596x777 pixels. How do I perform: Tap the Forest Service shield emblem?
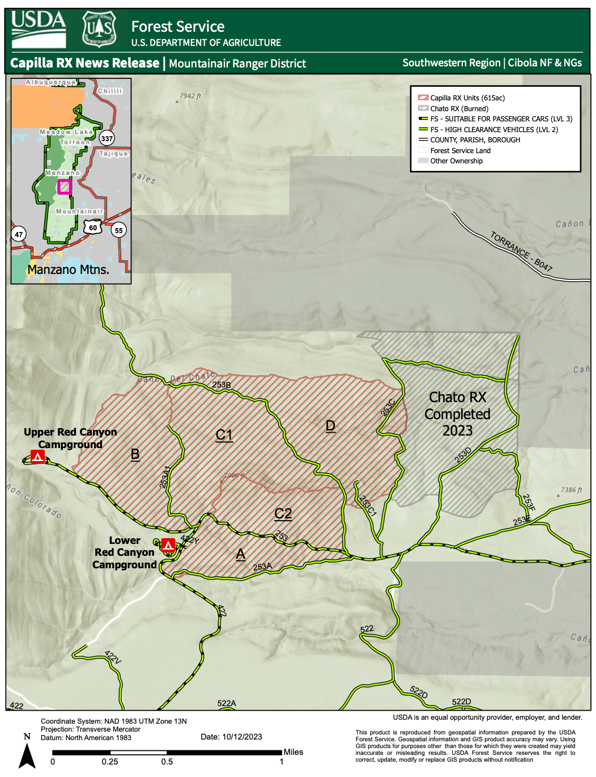point(99,28)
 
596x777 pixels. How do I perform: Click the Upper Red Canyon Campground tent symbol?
point(38,457)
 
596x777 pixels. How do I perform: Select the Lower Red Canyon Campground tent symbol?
point(168,545)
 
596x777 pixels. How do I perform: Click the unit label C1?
point(224,435)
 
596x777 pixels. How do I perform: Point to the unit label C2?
point(283,514)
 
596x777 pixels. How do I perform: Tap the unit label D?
point(330,426)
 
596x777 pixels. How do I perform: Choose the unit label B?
point(135,454)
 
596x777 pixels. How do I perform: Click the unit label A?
point(241,554)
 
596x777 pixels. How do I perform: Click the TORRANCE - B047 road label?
point(521,251)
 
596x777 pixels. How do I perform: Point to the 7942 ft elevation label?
point(190,96)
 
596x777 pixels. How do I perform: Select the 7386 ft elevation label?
point(571,490)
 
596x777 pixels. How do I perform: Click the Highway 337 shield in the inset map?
point(107,138)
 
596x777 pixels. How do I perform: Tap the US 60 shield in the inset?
point(93,228)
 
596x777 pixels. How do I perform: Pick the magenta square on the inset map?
point(65,187)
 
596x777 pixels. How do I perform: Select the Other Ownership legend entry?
point(456,161)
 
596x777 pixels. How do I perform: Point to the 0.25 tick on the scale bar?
point(110,761)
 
